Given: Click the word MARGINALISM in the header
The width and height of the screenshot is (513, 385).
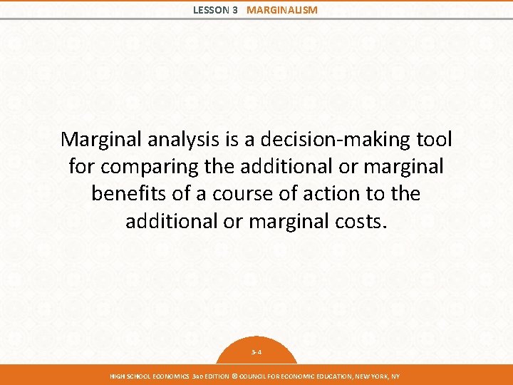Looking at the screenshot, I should pos(282,10).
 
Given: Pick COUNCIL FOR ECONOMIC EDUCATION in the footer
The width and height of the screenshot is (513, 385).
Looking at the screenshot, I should pos(295,376).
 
